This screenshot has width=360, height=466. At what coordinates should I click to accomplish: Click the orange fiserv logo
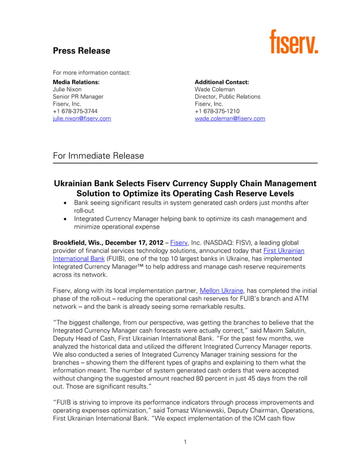tap(293, 42)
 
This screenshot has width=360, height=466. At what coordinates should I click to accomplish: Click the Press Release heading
tap(81, 51)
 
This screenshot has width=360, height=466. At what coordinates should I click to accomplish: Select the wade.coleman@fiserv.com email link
tap(230, 119)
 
